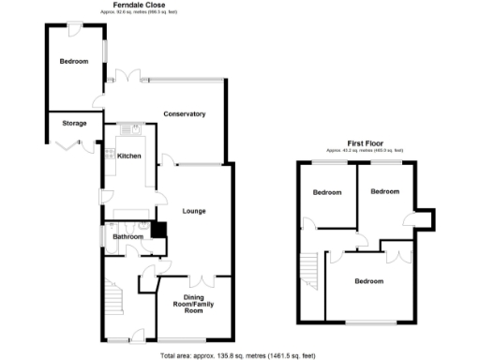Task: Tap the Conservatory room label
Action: tap(184, 114)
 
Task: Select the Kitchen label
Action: tap(129, 156)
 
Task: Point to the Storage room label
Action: tap(74, 123)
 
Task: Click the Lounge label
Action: tap(194, 211)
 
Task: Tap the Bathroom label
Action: tap(127, 237)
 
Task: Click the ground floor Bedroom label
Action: tap(73, 62)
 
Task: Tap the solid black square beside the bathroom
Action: tap(158, 230)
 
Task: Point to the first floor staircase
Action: tap(308, 273)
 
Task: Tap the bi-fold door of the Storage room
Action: tap(66, 143)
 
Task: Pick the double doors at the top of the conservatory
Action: tap(123, 75)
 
